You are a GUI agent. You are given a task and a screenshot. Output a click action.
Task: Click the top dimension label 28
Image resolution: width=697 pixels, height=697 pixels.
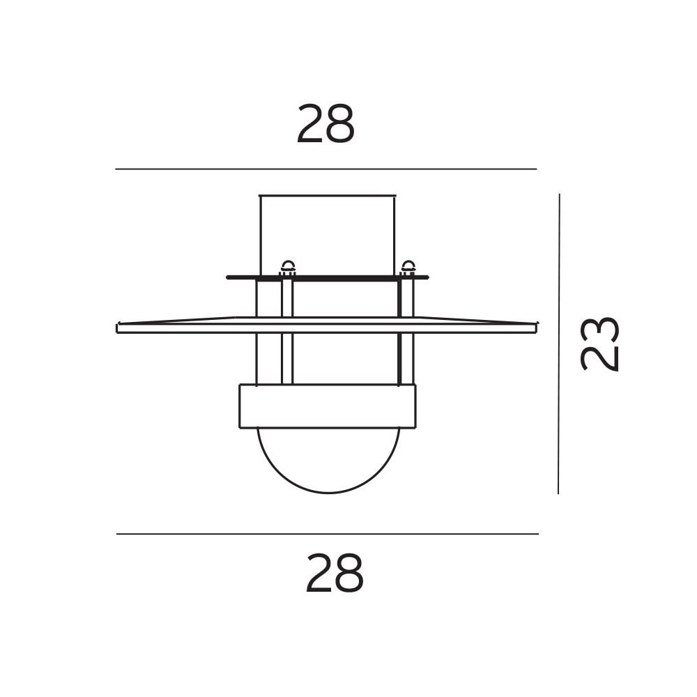[325, 123]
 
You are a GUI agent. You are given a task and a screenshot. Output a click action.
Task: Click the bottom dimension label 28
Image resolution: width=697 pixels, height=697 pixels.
[335, 573]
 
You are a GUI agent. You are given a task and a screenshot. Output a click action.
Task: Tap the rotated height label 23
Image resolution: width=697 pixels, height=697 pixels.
[599, 344]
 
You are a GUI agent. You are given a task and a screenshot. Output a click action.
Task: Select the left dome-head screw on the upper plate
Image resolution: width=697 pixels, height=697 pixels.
[288, 268]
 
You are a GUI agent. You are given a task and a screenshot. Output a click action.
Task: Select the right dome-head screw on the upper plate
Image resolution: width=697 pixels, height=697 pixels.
[408, 268]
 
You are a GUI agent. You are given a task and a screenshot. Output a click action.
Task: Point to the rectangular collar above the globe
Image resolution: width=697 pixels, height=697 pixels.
[328, 406]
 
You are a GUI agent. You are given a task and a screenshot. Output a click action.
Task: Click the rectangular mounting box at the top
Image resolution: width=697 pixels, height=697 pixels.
[327, 236]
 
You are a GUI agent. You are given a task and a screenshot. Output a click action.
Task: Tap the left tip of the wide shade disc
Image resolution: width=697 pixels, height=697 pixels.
[117, 328]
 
